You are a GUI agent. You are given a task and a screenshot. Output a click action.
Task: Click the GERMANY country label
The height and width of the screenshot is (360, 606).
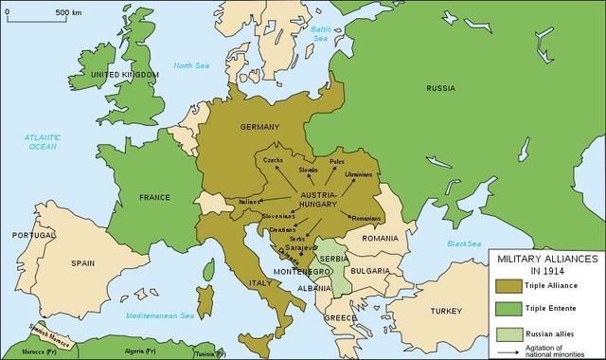pyautogui.click(x=259, y=127)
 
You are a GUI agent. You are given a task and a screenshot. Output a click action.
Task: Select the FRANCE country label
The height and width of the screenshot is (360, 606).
pyautogui.click(x=153, y=198)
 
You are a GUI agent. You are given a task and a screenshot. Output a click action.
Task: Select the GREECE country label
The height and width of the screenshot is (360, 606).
pyautogui.click(x=340, y=317)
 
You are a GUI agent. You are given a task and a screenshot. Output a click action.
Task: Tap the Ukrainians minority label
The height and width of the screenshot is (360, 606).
pyautogui.click(x=358, y=176)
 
